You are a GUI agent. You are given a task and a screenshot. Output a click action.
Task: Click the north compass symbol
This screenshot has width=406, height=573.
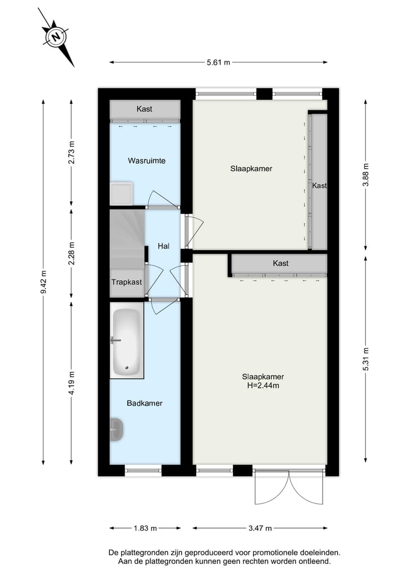click(x=56, y=37)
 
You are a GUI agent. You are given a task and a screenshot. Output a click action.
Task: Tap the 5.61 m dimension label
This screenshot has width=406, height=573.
click(x=218, y=63)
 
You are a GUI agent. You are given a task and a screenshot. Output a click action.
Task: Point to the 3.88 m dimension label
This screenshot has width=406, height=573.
click(x=365, y=175)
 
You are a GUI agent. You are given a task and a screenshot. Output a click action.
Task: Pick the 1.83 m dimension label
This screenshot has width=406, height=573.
click(x=145, y=528)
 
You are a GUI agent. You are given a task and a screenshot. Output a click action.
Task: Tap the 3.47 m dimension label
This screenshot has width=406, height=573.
click(x=261, y=528)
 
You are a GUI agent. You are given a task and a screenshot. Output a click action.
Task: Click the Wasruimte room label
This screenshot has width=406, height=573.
click(x=147, y=161)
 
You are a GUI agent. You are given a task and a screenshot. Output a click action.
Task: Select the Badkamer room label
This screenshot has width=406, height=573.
click(x=145, y=403)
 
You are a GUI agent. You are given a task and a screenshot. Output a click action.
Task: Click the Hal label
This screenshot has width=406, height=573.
click(x=164, y=246)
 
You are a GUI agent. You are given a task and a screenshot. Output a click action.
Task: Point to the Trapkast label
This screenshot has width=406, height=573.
click(x=127, y=282)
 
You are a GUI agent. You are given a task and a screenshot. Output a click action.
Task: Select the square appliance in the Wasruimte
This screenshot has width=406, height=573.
click(x=121, y=193)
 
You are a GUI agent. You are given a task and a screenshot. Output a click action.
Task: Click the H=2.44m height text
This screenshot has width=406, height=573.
click(x=263, y=386)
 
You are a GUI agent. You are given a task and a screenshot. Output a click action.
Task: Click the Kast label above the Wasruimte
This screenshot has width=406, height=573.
click(x=144, y=109)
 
